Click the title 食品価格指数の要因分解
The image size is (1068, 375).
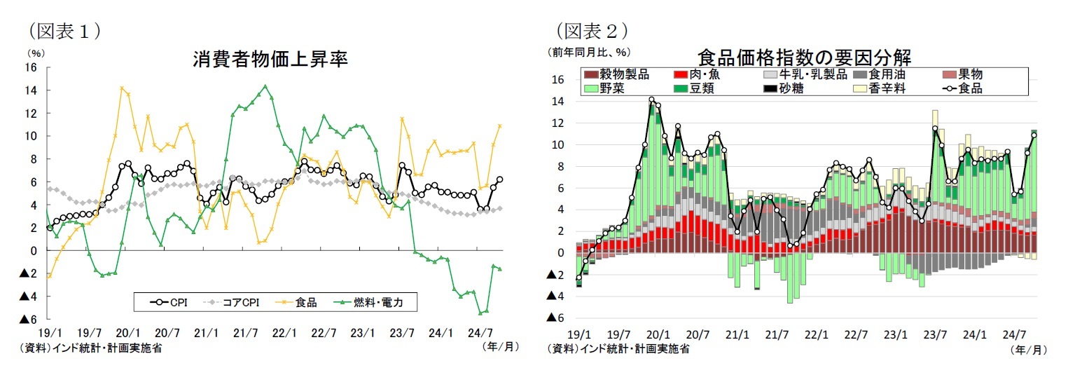(808, 56)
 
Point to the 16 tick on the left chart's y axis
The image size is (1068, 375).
(32, 67)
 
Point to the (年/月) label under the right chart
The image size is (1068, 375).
(1029, 348)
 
